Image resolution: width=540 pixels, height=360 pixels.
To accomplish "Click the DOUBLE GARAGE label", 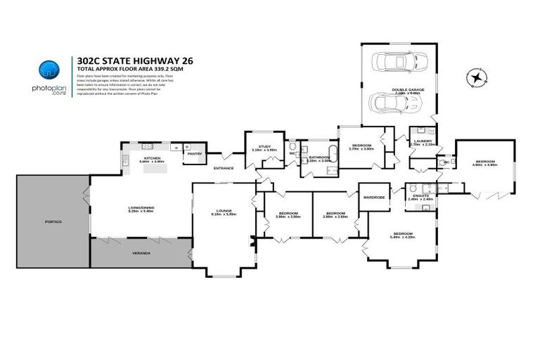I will [x=406, y=89].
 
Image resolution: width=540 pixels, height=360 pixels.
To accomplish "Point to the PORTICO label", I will [x=53, y=222].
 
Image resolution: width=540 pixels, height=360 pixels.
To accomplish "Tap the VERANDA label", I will [x=141, y=252].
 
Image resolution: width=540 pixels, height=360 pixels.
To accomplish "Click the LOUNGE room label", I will [x=224, y=211].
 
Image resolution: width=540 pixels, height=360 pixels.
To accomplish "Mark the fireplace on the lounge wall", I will [x=252, y=243].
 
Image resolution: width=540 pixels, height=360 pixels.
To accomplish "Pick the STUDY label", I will [x=264, y=146].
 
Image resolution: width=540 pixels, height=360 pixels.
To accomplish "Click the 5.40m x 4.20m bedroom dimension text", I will [x=402, y=238].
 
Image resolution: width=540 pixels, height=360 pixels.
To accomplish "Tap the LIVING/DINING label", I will [x=141, y=207].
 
